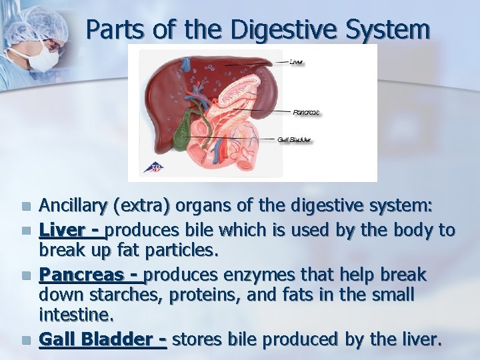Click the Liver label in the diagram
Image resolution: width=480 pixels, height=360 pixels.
tap(297, 63)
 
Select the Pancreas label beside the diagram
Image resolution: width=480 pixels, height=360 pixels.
tap(306, 112)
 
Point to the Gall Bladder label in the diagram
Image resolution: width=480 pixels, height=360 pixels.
tap(294, 140)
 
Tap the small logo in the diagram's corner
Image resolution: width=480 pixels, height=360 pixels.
tap(155, 167)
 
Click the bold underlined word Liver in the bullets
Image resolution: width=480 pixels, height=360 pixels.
tap(63, 231)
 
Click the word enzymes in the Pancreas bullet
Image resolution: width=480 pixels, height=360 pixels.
tap(256, 275)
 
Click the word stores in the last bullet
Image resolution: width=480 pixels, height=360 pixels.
tap(198, 339)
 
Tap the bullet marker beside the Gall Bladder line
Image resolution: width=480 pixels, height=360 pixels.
tap(26, 340)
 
